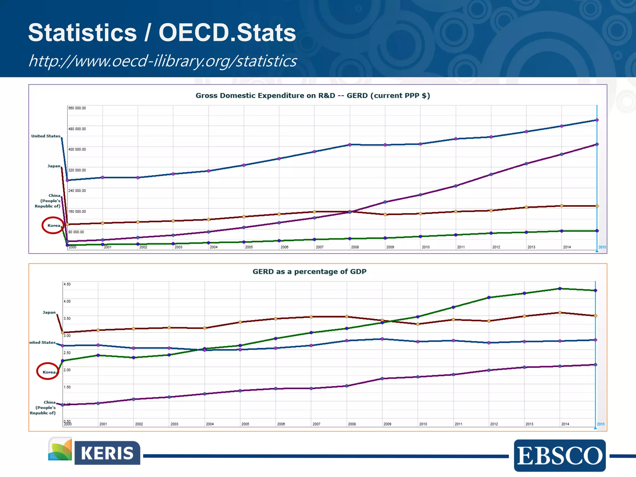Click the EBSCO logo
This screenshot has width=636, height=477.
[x=560, y=455]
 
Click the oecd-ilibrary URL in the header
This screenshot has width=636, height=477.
[x=163, y=61]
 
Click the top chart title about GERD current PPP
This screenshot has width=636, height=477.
[x=312, y=96]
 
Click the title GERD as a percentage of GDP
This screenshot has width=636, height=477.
[x=309, y=271]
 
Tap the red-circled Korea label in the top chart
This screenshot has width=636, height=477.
[x=53, y=225]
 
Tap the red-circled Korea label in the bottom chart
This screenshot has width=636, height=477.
[x=49, y=372]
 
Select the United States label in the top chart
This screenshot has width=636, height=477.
[x=46, y=136]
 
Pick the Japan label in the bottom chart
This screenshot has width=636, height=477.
[x=49, y=312]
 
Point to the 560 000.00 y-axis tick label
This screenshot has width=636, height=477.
[x=77, y=108]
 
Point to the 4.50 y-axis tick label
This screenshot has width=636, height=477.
[x=67, y=284]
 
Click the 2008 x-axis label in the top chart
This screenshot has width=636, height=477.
[x=355, y=247]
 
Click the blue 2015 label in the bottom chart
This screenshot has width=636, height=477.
[x=600, y=424]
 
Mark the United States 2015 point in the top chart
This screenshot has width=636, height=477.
[x=597, y=120]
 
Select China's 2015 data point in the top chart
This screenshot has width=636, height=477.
[x=597, y=144]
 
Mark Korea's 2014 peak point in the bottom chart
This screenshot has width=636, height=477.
[x=560, y=288]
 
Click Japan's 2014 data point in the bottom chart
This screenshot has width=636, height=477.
[x=560, y=313]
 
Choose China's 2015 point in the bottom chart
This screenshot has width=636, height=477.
[x=595, y=365]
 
